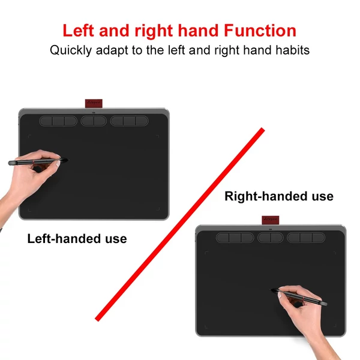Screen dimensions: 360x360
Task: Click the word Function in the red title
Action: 260,31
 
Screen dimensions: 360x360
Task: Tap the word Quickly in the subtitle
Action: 71,50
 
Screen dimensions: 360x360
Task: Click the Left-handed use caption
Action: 77,239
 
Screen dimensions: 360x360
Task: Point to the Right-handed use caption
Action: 279,196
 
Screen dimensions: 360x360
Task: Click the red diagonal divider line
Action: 180,224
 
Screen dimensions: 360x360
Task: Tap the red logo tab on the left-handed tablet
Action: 94,104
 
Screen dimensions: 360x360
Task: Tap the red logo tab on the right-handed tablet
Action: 271,220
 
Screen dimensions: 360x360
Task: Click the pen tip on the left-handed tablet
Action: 68,160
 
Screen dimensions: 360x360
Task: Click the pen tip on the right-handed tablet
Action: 271,290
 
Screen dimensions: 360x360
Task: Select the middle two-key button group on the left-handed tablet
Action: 94,121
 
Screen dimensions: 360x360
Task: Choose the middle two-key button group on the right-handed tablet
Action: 271,238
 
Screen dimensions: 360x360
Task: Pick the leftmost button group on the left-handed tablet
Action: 58,121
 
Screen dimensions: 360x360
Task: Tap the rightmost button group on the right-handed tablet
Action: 306,238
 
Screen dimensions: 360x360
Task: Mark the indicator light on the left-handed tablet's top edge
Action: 94,113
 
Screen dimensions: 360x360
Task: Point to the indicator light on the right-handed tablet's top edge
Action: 271,229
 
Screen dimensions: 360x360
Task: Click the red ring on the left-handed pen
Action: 34,162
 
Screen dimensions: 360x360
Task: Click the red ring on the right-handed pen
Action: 304,299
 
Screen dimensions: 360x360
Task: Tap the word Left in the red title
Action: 78,31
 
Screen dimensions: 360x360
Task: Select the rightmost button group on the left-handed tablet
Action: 129,121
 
